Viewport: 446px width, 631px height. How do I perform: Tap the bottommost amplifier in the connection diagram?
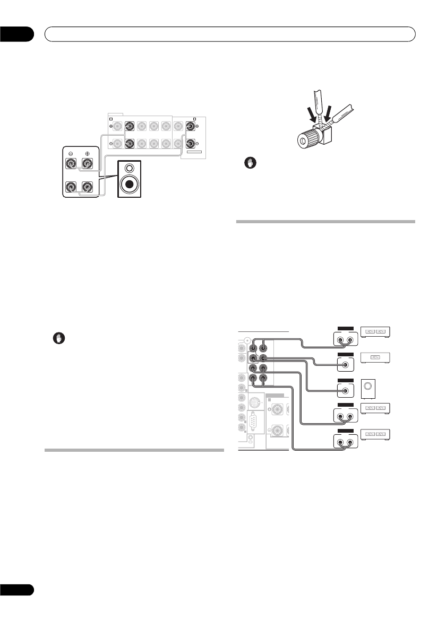point(378,435)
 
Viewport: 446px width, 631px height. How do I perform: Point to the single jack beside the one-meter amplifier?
point(346,364)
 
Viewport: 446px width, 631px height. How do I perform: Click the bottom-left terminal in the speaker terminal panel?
point(71,187)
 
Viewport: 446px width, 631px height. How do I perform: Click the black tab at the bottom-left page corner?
point(16,590)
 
